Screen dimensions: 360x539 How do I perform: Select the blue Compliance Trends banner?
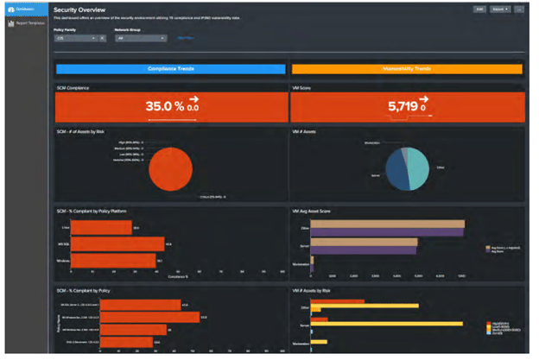point(170,69)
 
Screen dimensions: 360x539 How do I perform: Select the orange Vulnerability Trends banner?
point(406,69)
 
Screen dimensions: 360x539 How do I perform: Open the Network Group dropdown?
point(140,38)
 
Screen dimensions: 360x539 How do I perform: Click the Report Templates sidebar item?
point(26,23)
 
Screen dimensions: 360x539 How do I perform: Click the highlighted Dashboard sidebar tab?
point(26,9)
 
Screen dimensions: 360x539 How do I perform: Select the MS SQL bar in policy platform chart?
point(117,243)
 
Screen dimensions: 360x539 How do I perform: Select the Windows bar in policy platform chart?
point(112,260)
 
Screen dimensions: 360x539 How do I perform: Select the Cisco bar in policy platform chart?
point(100,227)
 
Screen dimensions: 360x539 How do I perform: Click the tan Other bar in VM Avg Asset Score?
point(386,224)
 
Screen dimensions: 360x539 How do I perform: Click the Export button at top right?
point(498,9)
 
